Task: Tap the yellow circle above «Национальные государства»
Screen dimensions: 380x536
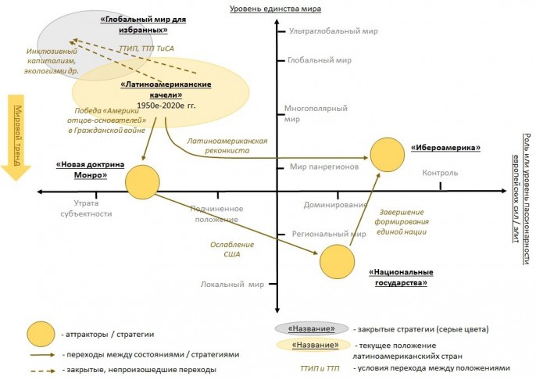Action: coord(338,261)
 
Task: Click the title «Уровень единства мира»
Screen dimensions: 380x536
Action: coord(276,9)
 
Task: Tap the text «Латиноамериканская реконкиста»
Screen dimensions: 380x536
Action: coord(221,145)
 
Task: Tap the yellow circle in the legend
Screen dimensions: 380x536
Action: coord(41,334)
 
